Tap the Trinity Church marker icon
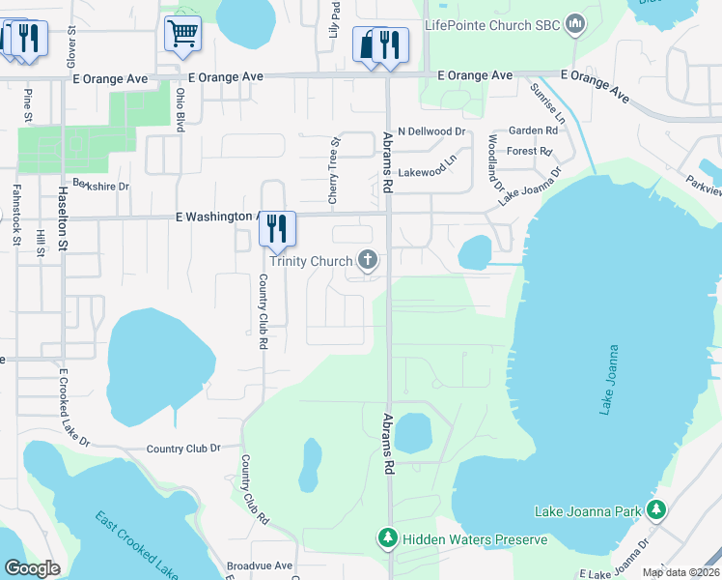(367, 260)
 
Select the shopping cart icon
(182, 34)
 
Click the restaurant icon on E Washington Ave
(277, 228)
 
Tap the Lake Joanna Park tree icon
(657, 509)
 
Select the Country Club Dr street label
(183, 449)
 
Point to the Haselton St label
(64, 219)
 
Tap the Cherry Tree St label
(333, 169)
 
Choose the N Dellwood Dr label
(430, 131)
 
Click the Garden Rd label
(534, 130)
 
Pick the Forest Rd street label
(528, 152)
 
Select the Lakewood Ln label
(427, 171)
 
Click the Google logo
(32, 568)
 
